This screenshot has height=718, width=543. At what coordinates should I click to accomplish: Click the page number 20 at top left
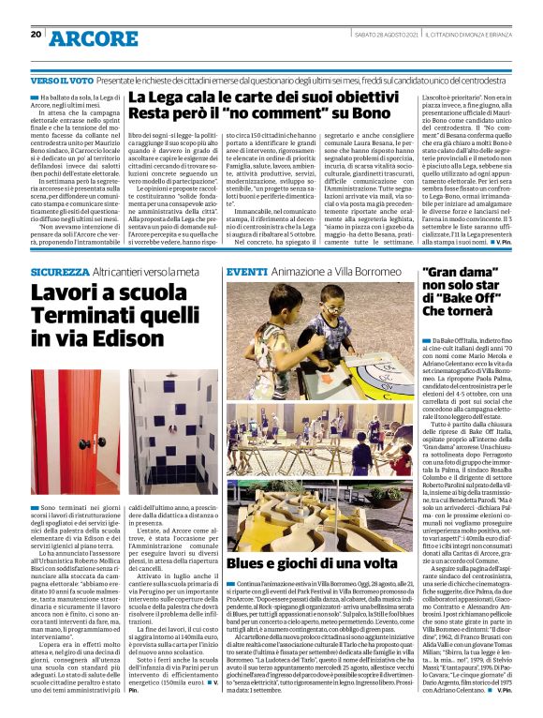point(36,35)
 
